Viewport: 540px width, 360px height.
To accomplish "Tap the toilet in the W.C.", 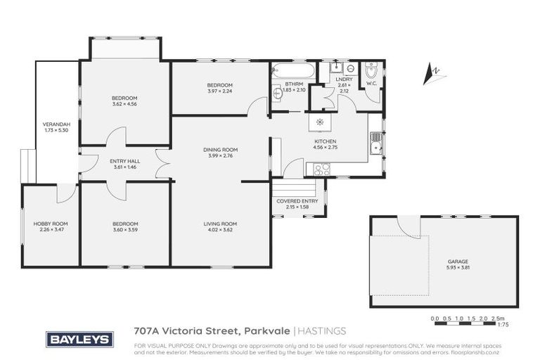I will (x=371, y=70).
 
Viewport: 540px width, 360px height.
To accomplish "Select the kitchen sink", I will (x=376, y=143).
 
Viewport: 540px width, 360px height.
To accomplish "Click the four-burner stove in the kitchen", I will (x=321, y=169).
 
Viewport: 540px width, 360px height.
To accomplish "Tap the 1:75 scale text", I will (x=503, y=326).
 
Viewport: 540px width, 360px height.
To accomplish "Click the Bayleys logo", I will (x=79, y=339).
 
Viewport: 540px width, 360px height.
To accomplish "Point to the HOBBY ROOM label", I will (x=51, y=224).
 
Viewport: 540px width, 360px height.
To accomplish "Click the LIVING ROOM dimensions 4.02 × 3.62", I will (x=221, y=229).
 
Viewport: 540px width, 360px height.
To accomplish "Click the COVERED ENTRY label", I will (x=298, y=201).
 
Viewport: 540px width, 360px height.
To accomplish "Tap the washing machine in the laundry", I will (x=349, y=69).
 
